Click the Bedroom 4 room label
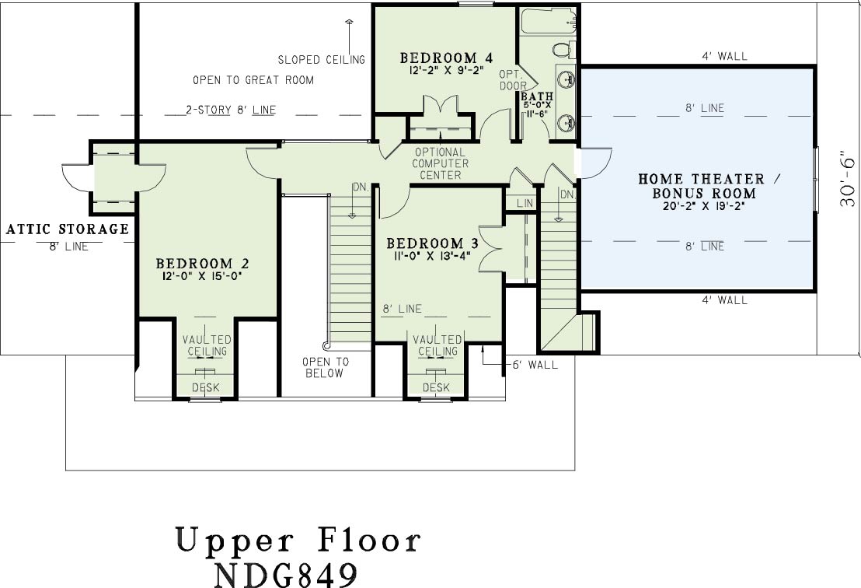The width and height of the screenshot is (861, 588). [x=446, y=58]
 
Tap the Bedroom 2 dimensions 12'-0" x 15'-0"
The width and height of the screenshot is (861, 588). [x=200, y=277]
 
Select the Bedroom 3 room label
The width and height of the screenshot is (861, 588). [x=432, y=243]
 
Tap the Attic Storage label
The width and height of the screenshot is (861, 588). [x=67, y=229]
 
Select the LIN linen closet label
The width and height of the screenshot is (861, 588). [x=525, y=203]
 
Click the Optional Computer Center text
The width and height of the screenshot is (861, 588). [x=441, y=163]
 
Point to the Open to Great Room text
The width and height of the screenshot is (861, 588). [x=253, y=80]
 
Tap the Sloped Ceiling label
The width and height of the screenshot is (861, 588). [x=321, y=59]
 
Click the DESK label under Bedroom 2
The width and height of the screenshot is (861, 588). [x=206, y=388]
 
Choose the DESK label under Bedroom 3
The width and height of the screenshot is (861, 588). [x=437, y=388]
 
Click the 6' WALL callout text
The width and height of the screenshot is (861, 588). [x=535, y=364]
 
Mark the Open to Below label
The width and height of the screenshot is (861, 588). [x=324, y=367]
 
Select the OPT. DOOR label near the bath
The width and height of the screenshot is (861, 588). [x=512, y=79]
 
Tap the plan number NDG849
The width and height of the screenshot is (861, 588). [x=285, y=574]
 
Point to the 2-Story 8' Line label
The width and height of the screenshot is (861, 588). [x=231, y=110]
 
